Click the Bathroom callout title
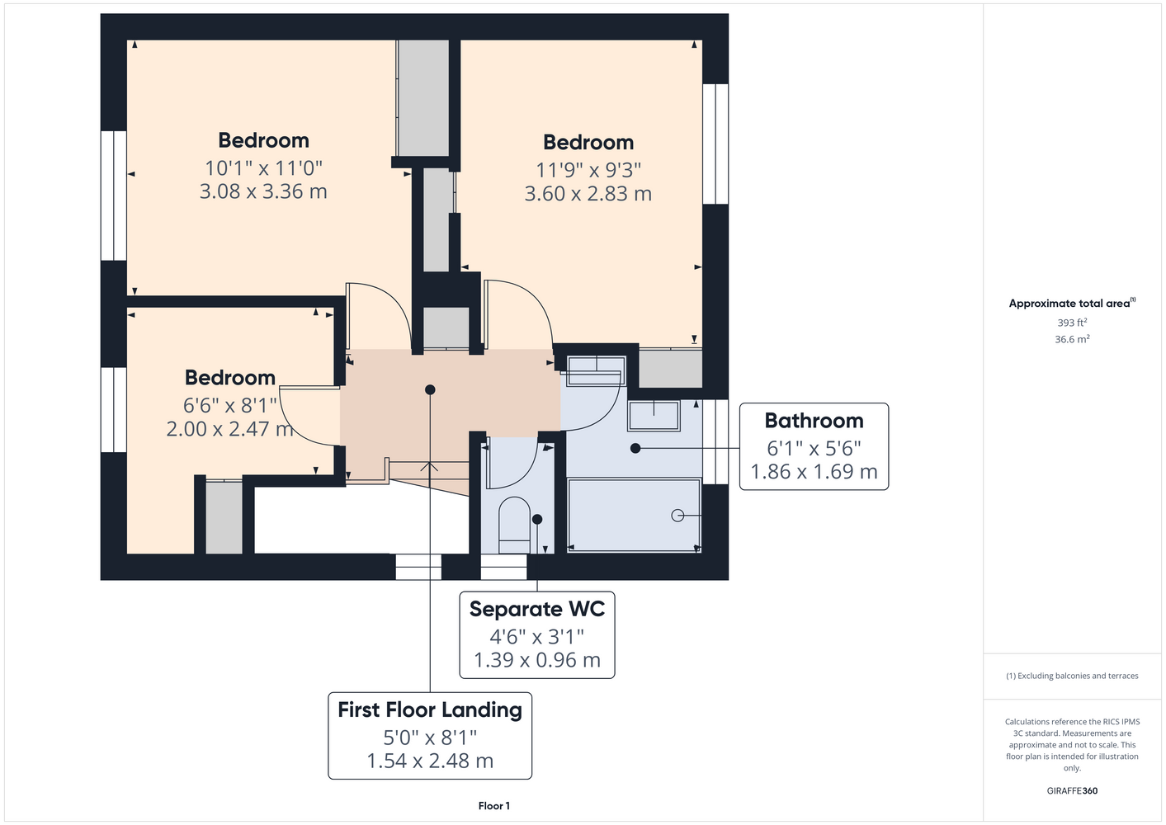(814, 421)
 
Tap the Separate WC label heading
(536, 609)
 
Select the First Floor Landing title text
(429, 710)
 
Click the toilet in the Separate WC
(514, 525)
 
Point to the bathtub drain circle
(677, 516)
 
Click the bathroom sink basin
(654, 416)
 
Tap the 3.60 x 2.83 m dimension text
(588, 194)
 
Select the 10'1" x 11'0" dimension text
(263, 168)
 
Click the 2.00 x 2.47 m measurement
(229, 429)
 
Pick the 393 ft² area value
(1072, 323)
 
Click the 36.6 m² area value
(1072, 339)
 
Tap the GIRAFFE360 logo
(1072, 790)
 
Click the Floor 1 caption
(494, 806)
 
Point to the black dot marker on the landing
(429, 389)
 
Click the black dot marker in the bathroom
(635, 448)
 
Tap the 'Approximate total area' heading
(1072, 304)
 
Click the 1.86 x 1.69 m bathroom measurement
(814, 472)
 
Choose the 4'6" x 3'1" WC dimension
(536, 636)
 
